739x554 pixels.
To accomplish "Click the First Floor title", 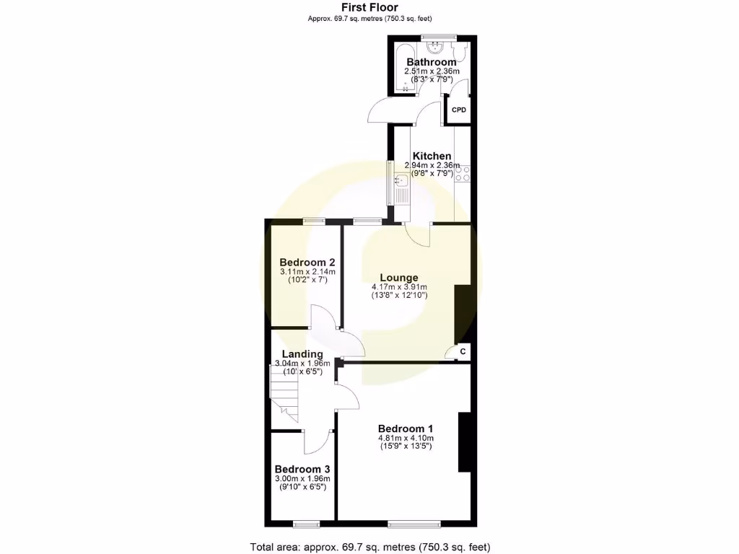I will [369, 8].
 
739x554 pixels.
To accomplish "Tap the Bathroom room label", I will [431, 62].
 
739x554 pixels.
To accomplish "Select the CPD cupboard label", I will [459, 110].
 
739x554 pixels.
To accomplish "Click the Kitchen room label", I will [432, 156].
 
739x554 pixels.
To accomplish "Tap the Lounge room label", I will [399, 278].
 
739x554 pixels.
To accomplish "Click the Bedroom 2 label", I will [307, 262].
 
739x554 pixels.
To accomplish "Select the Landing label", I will [302, 353].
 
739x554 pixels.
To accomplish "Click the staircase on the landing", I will [284, 394].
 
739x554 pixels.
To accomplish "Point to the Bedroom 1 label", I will [406, 428].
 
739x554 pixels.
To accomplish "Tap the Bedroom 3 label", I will [302, 467].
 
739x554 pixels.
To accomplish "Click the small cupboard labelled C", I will [463, 351].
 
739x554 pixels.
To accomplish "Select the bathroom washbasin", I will [436, 48].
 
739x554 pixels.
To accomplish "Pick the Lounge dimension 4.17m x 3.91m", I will [399, 286].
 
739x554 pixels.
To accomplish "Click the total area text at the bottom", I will [369, 547].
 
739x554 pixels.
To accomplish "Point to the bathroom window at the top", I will [433, 36].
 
